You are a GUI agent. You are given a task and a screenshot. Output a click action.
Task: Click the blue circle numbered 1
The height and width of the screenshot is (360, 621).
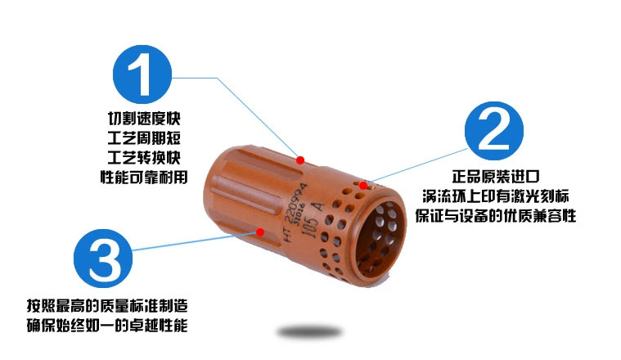pos(142,74)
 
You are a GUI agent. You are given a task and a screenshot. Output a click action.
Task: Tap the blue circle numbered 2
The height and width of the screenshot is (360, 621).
pos(494,131)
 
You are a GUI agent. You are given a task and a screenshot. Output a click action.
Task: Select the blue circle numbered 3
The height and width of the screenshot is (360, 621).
pos(103,259)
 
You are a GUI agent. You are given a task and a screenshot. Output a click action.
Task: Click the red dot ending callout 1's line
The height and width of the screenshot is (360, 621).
pos(300,160)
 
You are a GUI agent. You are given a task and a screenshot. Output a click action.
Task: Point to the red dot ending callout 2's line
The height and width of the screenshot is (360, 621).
pos(363,186)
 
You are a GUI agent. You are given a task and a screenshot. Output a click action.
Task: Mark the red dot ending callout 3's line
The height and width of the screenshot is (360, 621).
pos(260,232)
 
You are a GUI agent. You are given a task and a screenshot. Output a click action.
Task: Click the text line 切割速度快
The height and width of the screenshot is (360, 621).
pos(144,119)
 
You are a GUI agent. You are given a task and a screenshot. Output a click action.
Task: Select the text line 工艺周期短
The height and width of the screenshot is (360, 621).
pos(144,137)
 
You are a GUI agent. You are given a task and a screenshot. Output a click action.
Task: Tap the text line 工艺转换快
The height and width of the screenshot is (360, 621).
pos(144,157)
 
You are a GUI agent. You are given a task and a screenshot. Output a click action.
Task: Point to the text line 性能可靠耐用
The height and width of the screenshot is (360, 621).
pos(144,177)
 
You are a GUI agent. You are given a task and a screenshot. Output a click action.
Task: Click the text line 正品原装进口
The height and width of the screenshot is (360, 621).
pos(496,177)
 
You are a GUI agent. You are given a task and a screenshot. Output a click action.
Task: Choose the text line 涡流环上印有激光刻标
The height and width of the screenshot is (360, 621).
pos(496,196)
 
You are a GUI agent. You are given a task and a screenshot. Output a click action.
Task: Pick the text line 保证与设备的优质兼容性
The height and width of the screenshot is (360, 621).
pos(496,216)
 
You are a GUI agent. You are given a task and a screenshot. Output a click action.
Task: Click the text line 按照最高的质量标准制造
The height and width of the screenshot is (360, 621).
pos(107,306)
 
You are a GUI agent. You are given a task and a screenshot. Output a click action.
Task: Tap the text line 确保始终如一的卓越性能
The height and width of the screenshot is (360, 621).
pos(107,326)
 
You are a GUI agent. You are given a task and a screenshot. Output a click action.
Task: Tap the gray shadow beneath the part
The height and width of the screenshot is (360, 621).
pos(309,332)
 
